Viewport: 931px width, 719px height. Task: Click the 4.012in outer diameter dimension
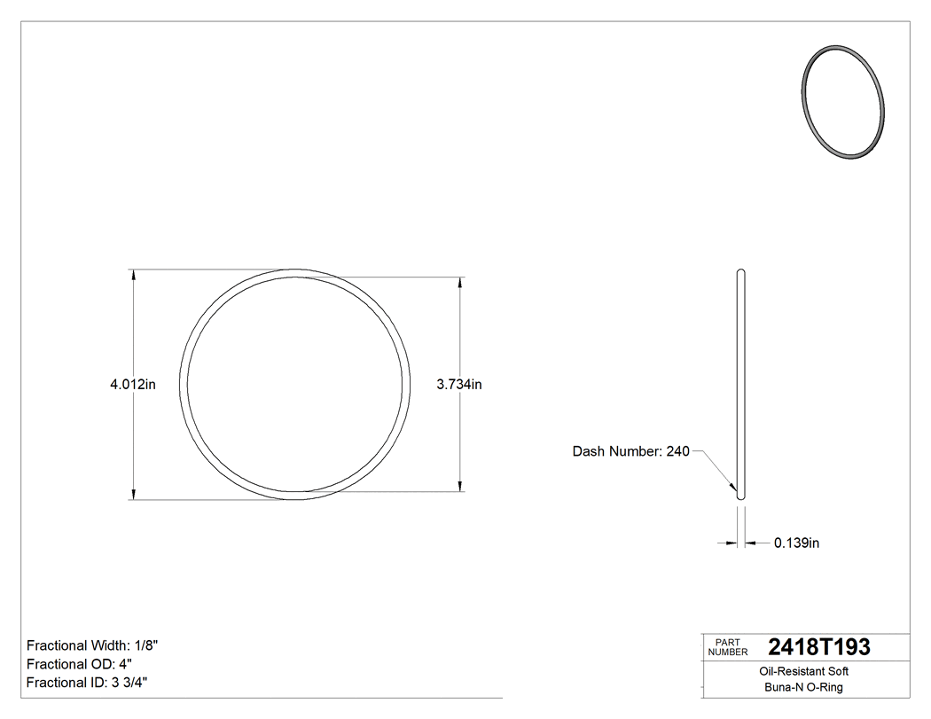click(133, 385)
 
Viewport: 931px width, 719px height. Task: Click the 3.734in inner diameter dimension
click(459, 385)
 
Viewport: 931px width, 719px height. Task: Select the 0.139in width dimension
click(796, 543)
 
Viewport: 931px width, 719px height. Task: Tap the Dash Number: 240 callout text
click(630, 451)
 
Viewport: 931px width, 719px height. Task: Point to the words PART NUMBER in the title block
click(726, 647)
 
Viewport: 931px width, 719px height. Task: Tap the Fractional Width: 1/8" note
click(92, 645)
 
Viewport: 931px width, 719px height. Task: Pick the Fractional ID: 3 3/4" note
click(87, 683)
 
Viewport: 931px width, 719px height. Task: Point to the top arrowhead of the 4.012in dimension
click(133, 276)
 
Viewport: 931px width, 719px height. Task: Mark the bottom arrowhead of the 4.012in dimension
click(133, 494)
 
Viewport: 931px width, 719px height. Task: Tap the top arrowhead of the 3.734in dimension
click(459, 284)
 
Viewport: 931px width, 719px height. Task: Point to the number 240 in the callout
click(677, 451)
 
